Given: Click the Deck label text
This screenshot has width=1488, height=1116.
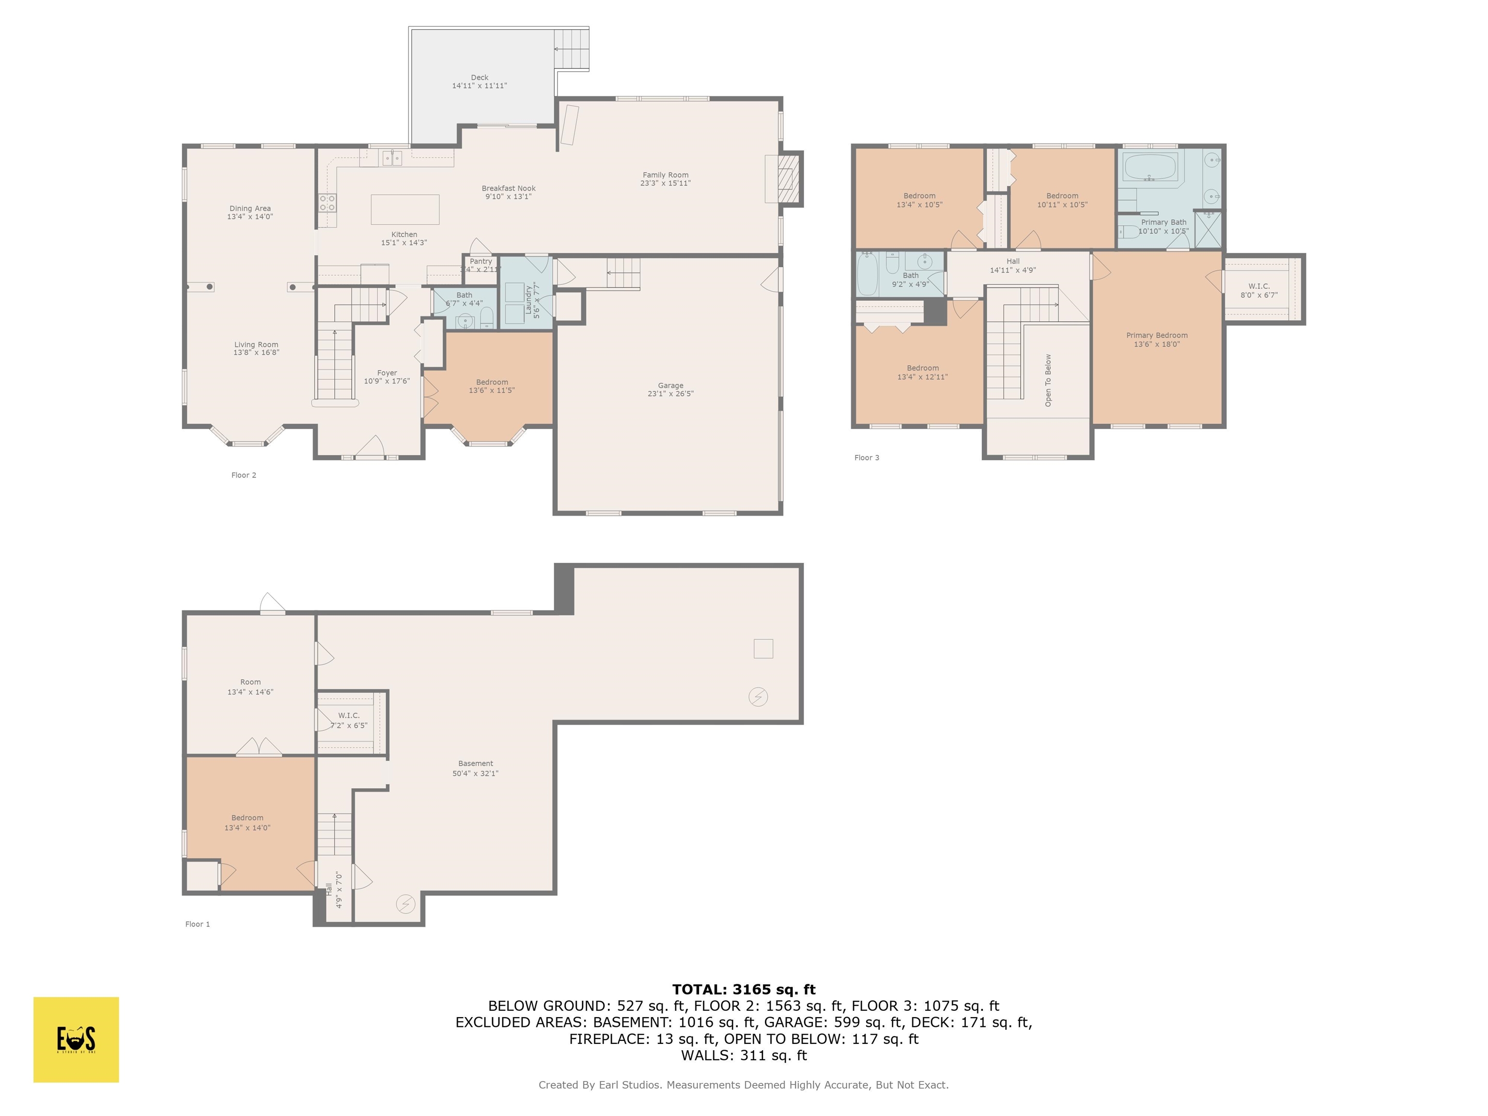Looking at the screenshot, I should click(479, 77).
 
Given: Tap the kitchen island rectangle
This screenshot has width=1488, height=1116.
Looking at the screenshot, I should click(405, 209).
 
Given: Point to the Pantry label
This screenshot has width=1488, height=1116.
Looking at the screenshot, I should click(480, 261).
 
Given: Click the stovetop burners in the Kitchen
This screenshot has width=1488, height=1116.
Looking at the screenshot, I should click(327, 202).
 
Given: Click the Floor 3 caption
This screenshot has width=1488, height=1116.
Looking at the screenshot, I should click(867, 457).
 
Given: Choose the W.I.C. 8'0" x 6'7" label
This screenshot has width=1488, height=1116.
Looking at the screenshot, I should click(1258, 291).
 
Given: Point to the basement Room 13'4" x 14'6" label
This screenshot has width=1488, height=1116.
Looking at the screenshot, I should click(250, 687).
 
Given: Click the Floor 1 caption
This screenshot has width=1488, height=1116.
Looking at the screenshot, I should click(197, 924).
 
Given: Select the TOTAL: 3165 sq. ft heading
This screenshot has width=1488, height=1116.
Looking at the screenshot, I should click(744, 990).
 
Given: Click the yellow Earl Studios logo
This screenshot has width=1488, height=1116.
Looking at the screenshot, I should click(76, 1039).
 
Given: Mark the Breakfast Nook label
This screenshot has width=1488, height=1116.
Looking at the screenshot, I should click(508, 188).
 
